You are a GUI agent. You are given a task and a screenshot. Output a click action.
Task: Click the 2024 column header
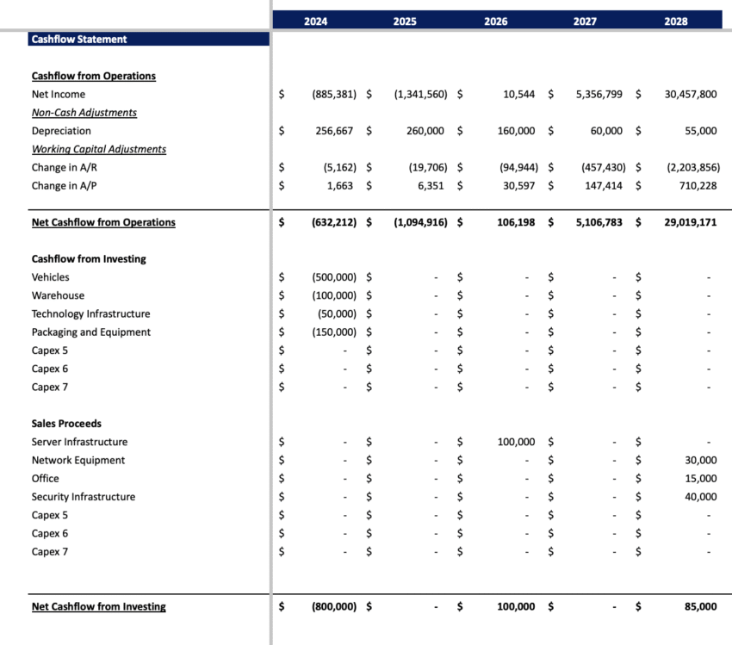[x=316, y=22]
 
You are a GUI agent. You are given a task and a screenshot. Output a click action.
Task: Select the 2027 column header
[x=585, y=22]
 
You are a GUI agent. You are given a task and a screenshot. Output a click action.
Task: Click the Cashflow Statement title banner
[x=79, y=39]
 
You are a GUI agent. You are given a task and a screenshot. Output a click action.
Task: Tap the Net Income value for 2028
[x=690, y=95]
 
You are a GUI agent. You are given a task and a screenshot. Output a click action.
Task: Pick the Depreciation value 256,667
[x=333, y=131]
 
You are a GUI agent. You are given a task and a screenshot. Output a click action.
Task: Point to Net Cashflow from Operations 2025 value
[x=420, y=222]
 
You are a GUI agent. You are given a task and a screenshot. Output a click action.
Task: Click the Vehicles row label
[x=51, y=277]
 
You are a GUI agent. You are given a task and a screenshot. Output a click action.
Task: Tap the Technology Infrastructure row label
[x=90, y=314]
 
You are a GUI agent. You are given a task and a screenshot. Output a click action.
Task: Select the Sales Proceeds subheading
[x=66, y=424]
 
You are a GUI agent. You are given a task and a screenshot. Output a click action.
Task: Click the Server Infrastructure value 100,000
[x=516, y=442]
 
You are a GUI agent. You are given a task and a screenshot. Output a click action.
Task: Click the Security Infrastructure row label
[x=84, y=497]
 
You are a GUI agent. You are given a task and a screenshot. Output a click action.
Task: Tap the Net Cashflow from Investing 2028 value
[x=700, y=607]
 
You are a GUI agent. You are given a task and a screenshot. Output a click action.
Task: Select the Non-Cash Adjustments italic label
[x=84, y=113]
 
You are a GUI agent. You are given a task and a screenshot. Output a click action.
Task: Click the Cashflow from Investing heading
[x=89, y=259]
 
